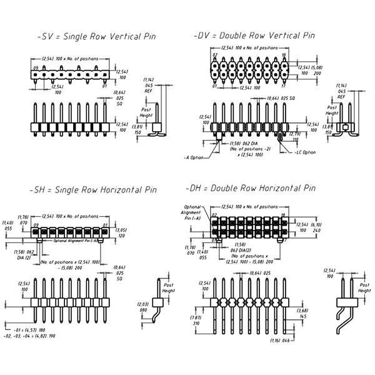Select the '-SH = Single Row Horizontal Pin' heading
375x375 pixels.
[92, 189]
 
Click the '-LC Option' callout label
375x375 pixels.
[304, 152]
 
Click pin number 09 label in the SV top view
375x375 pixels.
[36, 67]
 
